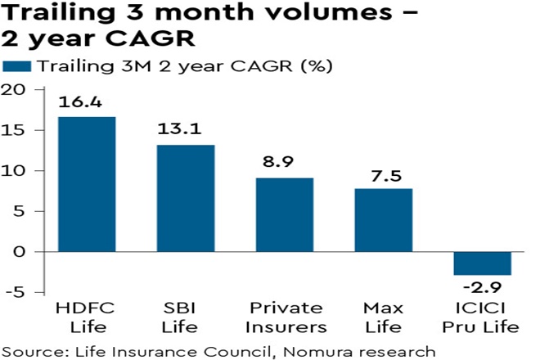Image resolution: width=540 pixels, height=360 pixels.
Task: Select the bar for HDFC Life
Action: click(x=86, y=184)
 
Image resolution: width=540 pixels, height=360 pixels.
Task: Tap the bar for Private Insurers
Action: click(x=284, y=214)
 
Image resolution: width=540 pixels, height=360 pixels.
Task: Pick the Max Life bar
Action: click(x=383, y=220)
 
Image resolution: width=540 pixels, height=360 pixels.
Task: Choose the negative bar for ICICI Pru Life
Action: click(x=482, y=263)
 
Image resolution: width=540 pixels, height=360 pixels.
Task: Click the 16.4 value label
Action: click(x=86, y=104)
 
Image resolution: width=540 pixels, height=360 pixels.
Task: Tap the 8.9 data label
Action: click(x=284, y=164)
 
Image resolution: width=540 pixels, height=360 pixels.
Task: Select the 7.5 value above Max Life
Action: click(x=383, y=175)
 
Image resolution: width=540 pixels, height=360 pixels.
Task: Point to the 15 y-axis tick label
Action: click(x=17, y=130)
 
